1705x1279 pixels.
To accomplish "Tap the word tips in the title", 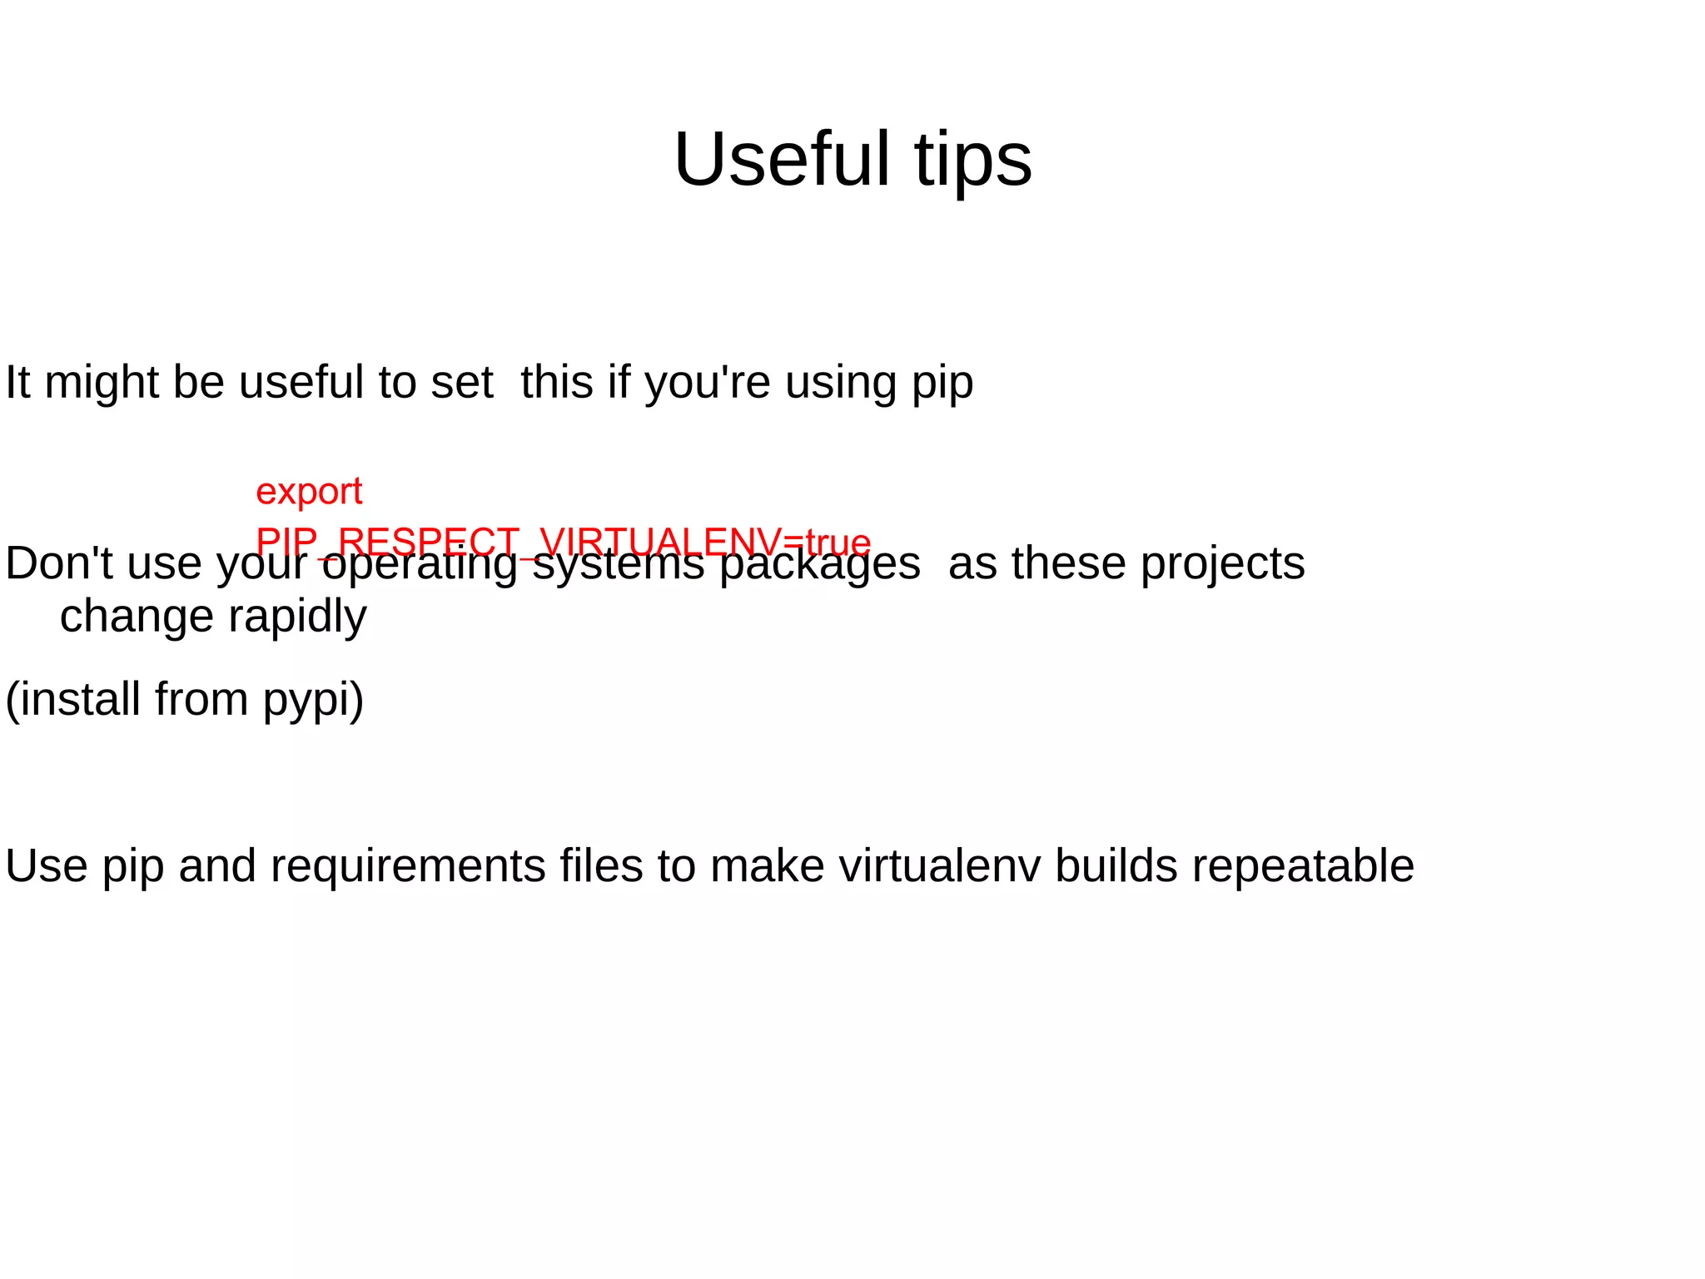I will (973, 159).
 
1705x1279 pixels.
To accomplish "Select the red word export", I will (309, 492).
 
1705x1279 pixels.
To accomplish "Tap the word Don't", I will (59, 563).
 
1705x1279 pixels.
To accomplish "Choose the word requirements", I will (407, 867).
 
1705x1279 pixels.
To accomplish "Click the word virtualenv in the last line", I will (939, 865).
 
